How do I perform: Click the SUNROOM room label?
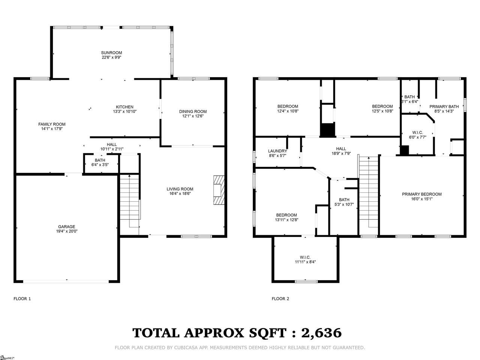(x=111, y=52)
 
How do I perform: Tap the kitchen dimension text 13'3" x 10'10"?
(x=124, y=111)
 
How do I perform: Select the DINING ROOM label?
(x=193, y=111)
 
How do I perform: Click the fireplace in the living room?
(x=219, y=190)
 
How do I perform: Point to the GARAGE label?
(x=67, y=226)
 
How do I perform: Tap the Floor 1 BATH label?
(x=100, y=160)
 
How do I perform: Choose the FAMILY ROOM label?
(x=52, y=124)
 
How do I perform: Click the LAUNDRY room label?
(x=277, y=151)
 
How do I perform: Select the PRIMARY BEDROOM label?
(x=421, y=194)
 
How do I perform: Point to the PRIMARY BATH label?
(x=444, y=106)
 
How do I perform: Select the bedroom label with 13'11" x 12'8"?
(x=286, y=215)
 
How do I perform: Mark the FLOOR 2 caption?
(x=280, y=298)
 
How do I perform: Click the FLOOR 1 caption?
(x=22, y=298)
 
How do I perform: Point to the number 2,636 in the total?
(x=321, y=333)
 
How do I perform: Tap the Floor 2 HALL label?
(x=341, y=149)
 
